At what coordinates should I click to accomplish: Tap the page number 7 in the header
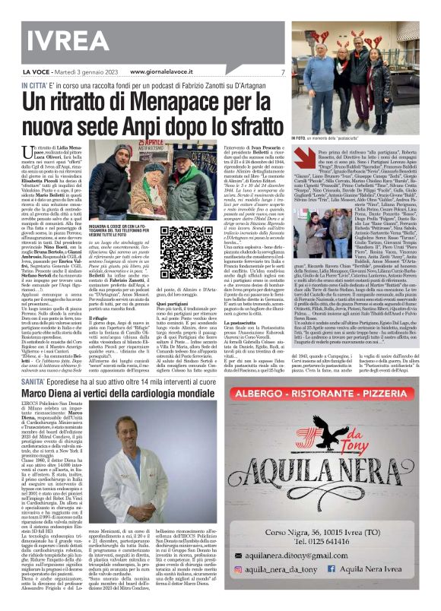pyautogui.click(x=281, y=72)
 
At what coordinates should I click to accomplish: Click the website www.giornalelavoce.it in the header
pyautogui.click(x=167, y=72)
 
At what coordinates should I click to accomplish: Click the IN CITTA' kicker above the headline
pyautogui.click(x=32, y=84)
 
